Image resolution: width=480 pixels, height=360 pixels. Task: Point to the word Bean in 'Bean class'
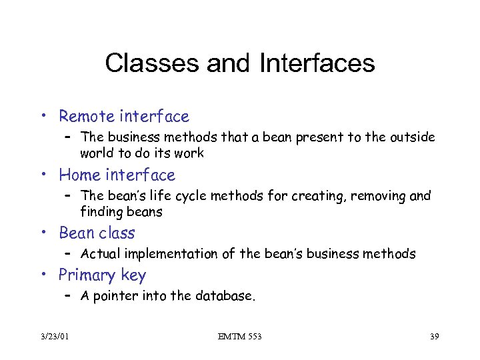[77, 233]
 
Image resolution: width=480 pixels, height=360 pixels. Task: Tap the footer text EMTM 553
[239, 337]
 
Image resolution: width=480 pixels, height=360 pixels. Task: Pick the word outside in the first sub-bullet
[412, 137]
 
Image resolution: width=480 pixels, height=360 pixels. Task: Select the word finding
[101, 212]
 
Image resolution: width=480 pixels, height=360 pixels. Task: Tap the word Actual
[102, 254]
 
